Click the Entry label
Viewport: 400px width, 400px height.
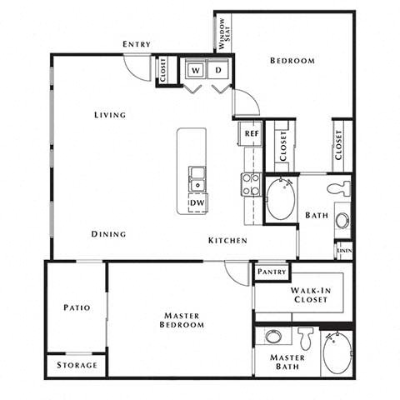tap(136, 44)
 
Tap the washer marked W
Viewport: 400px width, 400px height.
tap(195, 71)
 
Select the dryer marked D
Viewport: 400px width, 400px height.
tap(218, 71)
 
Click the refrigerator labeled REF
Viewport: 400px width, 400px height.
tap(251, 132)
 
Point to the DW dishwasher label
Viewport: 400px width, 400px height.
tap(197, 202)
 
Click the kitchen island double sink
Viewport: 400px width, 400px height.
tap(197, 177)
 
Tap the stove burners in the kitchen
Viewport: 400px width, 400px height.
tap(251, 184)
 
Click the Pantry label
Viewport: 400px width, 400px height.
tap(272, 272)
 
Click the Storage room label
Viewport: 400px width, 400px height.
tap(76, 365)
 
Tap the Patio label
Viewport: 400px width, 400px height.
tap(76, 307)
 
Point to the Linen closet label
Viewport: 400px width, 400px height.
tap(343, 248)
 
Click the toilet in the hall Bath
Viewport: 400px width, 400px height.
tap(338, 188)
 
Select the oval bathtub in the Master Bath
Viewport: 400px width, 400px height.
tap(337, 354)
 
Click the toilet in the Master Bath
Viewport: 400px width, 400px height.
tap(305, 337)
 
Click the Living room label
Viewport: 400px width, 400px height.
tap(110, 115)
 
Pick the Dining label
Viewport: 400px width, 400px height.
tap(108, 234)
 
